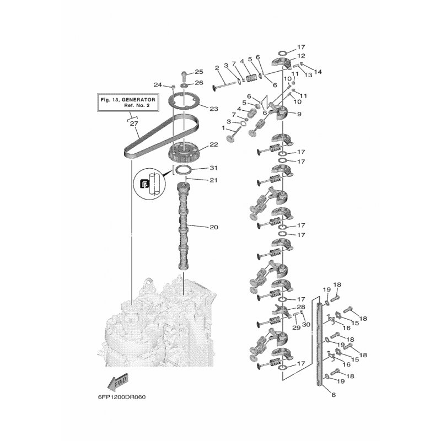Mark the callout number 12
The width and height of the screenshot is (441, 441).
coord(301,56)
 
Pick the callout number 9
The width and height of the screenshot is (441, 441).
coord(299,114)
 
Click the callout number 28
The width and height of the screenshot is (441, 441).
coord(300,307)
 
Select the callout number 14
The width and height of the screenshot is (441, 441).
coord(318,72)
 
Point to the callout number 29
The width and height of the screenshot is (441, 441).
coord(296,327)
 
